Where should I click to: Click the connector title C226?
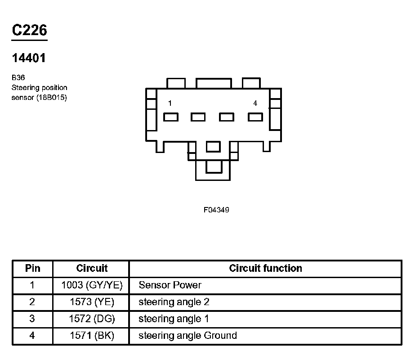click(x=29, y=30)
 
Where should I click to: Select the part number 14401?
click(x=29, y=58)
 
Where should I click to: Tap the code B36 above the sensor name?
click(x=18, y=77)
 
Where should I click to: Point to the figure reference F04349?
click(x=216, y=210)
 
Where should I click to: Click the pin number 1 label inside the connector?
click(x=170, y=103)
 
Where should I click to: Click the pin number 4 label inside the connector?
click(x=255, y=103)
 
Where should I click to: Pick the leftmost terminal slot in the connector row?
click(x=170, y=117)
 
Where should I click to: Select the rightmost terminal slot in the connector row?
click(x=255, y=117)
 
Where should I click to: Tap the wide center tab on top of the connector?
click(x=214, y=83)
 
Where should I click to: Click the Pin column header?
click(x=32, y=269)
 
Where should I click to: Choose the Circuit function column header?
click(x=265, y=269)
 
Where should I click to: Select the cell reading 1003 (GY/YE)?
click(x=92, y=285)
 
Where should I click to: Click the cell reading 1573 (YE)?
click(x=92, y=302)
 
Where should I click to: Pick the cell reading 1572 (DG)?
click(x=92, y=319)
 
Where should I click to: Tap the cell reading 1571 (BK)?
click(x=92, y=336)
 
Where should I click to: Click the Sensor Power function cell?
click(x=170, y=285)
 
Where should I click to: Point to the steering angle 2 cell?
click(x=174, y=302)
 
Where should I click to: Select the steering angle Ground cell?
click(x=188, y=336)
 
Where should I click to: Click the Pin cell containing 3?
click(x=32, y=319)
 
